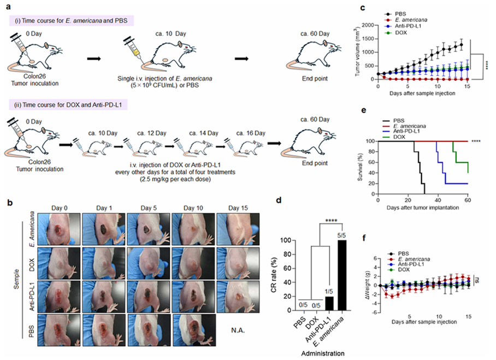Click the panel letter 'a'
[4, 5]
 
